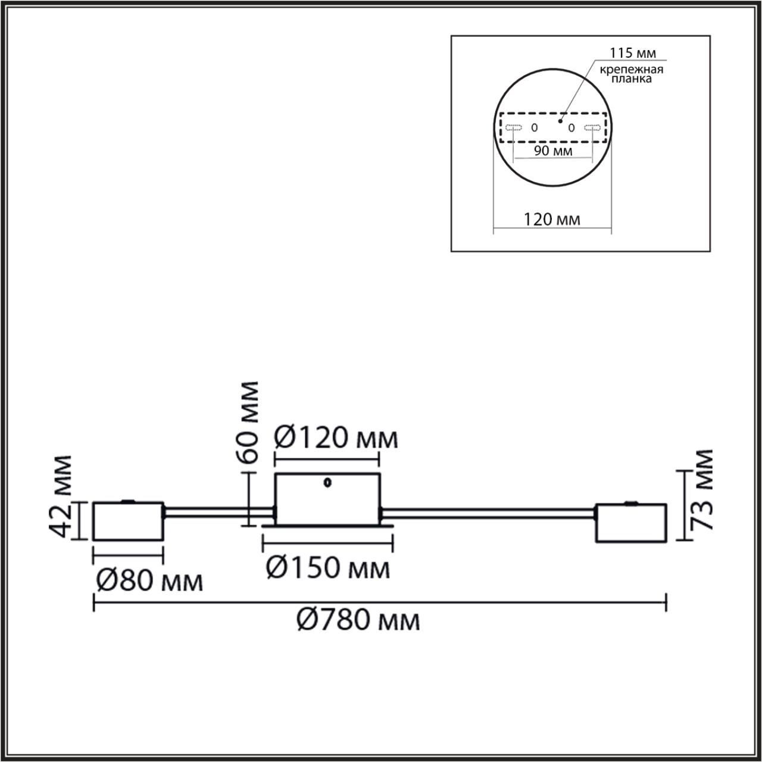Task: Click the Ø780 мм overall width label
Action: point(358,621)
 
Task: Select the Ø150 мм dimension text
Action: point(328,568)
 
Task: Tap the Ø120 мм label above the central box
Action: point(336,439)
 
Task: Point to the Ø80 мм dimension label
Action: point(149,581)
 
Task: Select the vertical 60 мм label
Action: point(246,422)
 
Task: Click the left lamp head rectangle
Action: point(129,521)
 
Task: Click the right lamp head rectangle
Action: point(630,523)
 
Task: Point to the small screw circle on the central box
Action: point(327,483)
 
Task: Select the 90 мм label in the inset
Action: point(552,151)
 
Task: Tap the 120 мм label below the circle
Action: point(552,220)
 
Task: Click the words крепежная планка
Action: point(631,74)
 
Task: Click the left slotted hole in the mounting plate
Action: point(513,127)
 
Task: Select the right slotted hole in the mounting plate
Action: point(592,127)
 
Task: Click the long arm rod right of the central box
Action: point(488,511)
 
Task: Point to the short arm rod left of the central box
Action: point(218,510)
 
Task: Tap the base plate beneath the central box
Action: point(327,526)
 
